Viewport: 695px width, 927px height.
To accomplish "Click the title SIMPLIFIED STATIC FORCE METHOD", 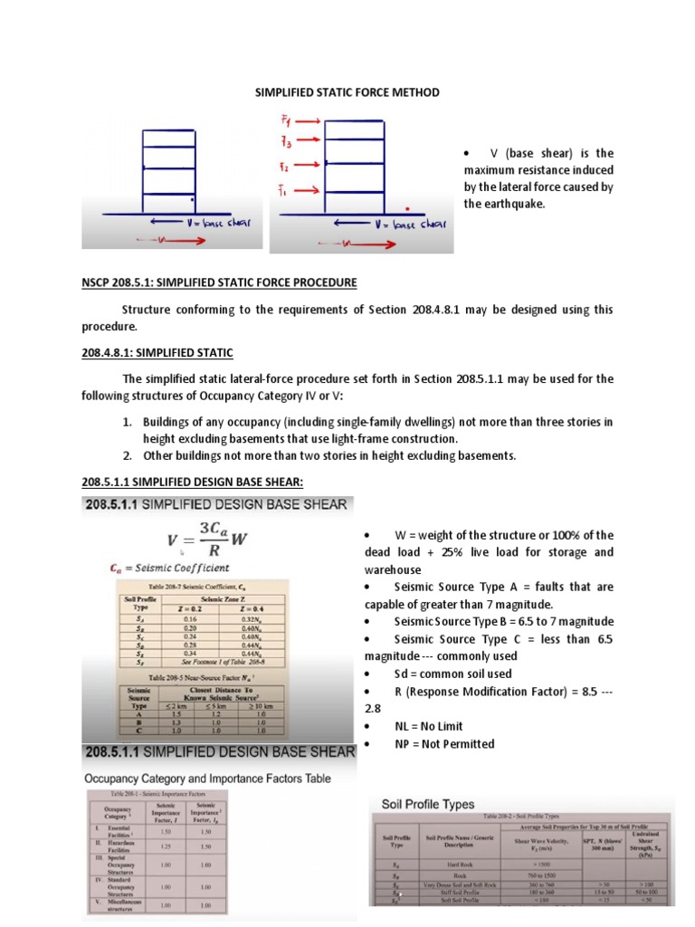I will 348,92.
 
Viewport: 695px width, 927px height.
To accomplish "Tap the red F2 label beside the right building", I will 283,167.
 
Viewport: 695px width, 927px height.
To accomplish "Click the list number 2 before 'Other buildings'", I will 128,455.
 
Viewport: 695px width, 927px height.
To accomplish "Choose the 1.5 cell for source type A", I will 177,714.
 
